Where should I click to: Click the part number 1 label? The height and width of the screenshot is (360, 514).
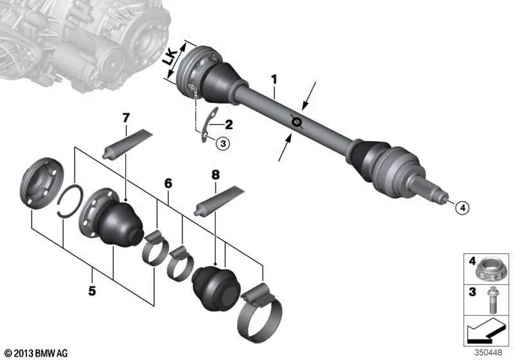[274, 81]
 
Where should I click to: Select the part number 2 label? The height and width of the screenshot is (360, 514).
[229, 124]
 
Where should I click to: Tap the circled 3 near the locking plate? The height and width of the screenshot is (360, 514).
[204, 144]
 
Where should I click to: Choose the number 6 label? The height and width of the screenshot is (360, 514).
[168, 184]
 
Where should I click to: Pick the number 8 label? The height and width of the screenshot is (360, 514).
[216, 174]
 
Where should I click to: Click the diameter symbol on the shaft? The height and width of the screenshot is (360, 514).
[297, 120]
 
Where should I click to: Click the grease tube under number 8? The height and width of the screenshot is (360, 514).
[218, 201]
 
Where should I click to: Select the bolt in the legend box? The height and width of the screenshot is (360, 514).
[493, 298]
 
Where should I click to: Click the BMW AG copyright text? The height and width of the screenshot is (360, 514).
[35, 353]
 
